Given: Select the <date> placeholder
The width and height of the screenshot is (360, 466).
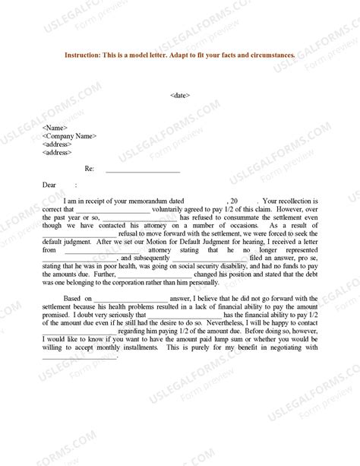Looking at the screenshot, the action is click(x=180, y=95).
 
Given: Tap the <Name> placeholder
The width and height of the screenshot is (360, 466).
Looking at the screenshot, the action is click(x=55, y=128).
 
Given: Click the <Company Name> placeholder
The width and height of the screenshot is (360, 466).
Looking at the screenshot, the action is click(x=70, y=136).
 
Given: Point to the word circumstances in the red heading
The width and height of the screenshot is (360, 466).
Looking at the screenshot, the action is click(x=270, y=55).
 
